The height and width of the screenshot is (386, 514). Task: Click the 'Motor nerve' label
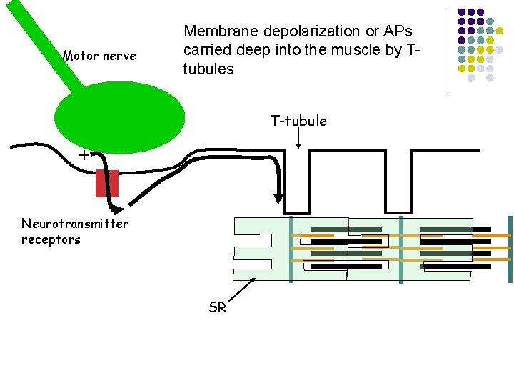[x=99, y=56]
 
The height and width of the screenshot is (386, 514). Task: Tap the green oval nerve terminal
[x=119, y=118]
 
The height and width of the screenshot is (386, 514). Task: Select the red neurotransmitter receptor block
[x=107, y=183]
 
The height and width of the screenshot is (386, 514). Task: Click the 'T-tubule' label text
[x=298, y=121]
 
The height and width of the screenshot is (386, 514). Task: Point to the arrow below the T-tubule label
[x=298, y=142]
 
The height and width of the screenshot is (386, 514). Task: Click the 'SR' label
[x=218, y=308]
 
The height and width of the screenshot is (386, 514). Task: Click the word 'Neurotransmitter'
[x=75, y=224]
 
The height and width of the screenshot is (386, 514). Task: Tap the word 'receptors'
[x=51, y=239]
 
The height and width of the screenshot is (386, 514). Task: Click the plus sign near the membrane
[x=84, y=154]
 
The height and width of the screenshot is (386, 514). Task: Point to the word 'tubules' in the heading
[x=208, y=69]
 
